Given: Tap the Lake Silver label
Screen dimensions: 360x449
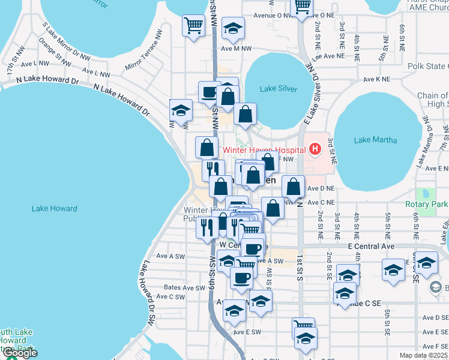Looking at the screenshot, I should pyautogui.click(x=278, y=89).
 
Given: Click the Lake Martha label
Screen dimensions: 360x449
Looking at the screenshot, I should pyautogui.click(x=375, y=140).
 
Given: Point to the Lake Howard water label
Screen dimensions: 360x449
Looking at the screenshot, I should pyautogui.click(x=54, y=209).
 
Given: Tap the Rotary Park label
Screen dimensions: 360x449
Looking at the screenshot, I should pyautogui.click(x=426, y=204).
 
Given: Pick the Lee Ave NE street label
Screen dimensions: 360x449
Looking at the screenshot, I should pyautogui.click(x=329, y=55).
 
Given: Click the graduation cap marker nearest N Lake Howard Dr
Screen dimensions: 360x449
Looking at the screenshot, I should pyautogui.click(x=181, y=110).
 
